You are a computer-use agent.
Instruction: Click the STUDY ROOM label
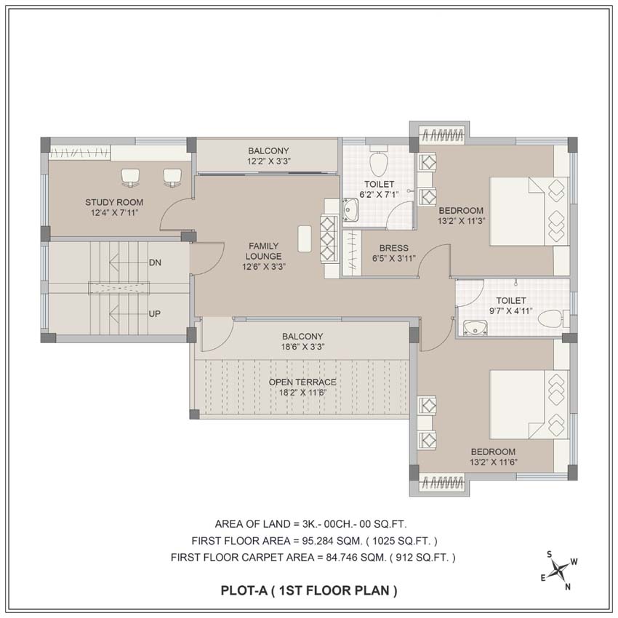click(114, 203)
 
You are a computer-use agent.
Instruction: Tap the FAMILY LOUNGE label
click(264, 251)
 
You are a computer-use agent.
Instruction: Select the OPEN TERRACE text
click(302, 382)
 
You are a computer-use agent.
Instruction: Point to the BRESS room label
click(394, 249)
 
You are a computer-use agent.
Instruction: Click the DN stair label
click(155, 262)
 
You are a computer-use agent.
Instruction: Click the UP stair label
click(154, 314)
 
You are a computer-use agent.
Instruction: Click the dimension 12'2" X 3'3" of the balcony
click(269, 161)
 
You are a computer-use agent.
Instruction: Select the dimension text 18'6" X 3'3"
click(302, 347)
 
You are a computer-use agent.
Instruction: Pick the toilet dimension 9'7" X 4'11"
click(511, 311)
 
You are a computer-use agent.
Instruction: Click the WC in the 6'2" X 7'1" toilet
click(379, 161)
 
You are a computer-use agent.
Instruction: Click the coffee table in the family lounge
click(305, 239)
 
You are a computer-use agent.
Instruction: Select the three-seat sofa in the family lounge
click(329, 239)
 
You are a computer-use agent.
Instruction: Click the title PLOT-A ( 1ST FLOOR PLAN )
click(309, 591)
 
